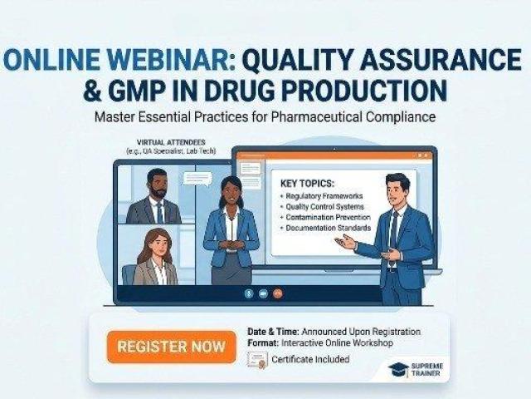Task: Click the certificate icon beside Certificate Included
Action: point(257,360)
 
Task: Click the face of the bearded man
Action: point(156,180)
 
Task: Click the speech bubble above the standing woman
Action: point(197,178)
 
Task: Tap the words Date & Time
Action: point(269,331)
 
